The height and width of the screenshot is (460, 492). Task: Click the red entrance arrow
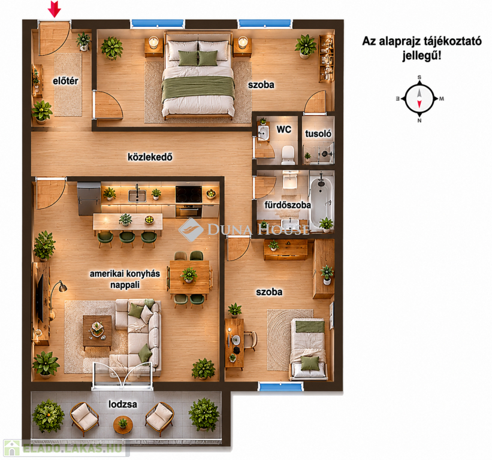coord(55,9)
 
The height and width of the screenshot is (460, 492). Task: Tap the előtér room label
coord(65,81)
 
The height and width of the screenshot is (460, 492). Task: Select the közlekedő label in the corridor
coord(150,157)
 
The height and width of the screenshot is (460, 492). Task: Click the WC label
coord(283,129)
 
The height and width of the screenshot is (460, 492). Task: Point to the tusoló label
coord(318,134)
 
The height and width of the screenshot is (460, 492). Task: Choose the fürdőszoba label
coord(288,205)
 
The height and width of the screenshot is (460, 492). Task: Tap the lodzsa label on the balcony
coord(123,404)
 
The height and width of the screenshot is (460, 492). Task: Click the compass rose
coord(419,99)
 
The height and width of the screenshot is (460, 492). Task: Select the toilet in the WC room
coord(288,155)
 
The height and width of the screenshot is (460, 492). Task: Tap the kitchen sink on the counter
coord(137,195)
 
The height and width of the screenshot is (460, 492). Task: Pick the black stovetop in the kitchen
coord(189,194)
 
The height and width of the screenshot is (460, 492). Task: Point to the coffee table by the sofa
coord(97,331)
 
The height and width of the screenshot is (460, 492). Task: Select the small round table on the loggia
coord(123,424)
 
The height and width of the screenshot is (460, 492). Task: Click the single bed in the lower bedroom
coord(308,349)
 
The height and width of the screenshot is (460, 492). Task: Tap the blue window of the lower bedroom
coord(281,386)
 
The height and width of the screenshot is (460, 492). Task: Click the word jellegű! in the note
coord(422,56)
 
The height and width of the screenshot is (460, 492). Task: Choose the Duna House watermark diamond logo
coord(191,230)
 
